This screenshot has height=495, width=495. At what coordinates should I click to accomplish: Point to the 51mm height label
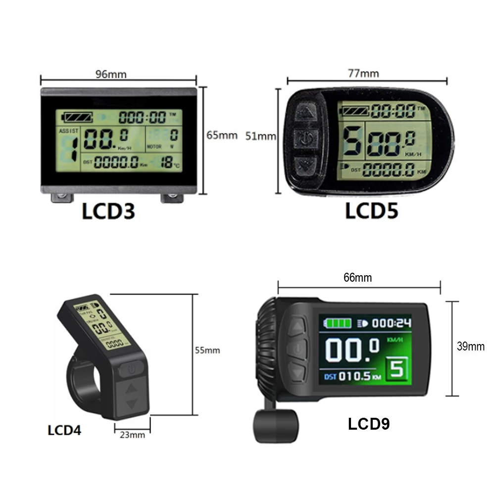click(260, 136)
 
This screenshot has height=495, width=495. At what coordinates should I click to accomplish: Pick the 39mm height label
click(470, 346)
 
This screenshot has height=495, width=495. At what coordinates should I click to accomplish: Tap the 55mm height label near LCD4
click(207, 350)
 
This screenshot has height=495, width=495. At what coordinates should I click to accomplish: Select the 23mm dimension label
click(132, 435)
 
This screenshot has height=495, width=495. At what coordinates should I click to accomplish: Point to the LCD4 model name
click(64, 430)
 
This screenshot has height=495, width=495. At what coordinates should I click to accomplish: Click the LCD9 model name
click(369, 424)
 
